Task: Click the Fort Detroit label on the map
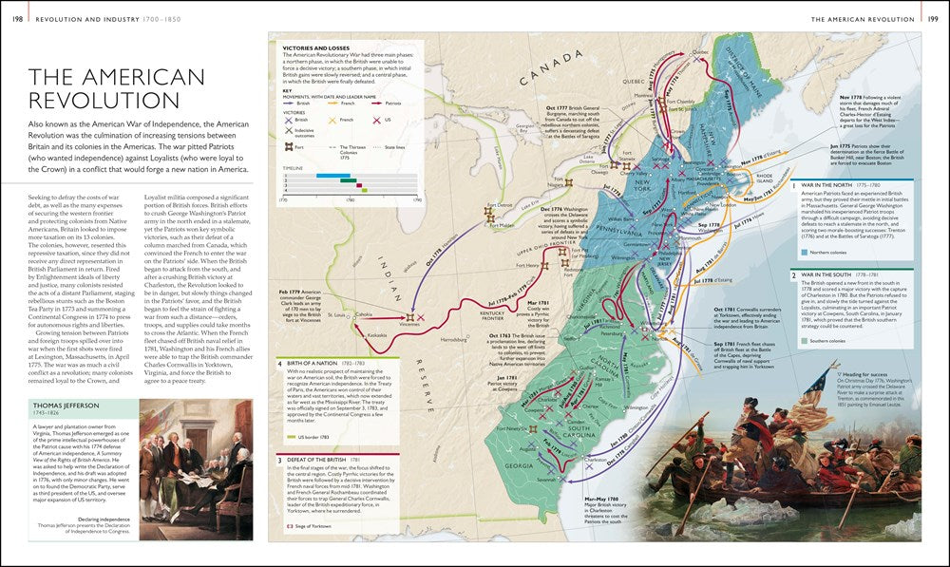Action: pyautogui.click(x=498, y=205)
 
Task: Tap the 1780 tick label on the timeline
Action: pyautogui.click(x=350, y=199)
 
